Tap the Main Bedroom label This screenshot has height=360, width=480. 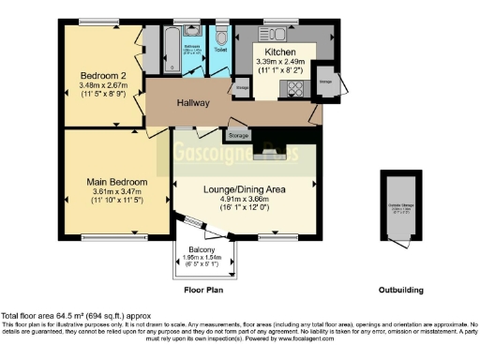click(117, 181)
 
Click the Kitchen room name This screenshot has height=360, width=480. click(281, 52)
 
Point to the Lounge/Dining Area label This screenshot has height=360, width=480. click(244, 189)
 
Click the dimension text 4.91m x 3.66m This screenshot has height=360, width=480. click(244, 199)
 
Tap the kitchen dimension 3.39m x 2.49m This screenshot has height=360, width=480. click(281, 62)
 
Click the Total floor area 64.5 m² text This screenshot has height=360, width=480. click(73, 316)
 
